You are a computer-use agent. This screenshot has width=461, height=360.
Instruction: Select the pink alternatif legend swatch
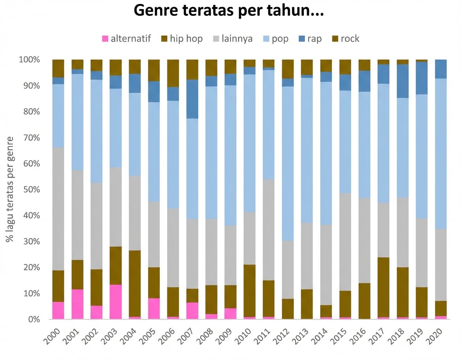pyautogui.click(x=105, y=39)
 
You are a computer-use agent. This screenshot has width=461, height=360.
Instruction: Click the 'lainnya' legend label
pyautogui.click(x=237, y=39)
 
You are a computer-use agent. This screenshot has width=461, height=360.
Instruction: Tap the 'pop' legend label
pyautogui.click(x=280, y=39)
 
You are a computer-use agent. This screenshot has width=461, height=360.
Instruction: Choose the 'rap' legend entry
pyautogui.click(x=315, y=39)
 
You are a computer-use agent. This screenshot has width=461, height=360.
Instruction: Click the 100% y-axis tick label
pyautogui.click(x=29, y=60)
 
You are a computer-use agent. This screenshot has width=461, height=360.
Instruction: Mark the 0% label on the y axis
pyautogui.click(x=33, y=319)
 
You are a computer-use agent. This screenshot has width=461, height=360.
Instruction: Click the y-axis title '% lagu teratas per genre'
pyautogui.click(x=9, y=189)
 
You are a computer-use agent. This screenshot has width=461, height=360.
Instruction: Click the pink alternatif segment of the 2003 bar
pyautogui.click(x=116, y=302)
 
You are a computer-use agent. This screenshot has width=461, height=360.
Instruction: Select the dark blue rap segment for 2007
pyautogui.click(x=192, y=99)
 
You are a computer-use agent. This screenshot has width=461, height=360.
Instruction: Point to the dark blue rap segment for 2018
pyautogui.click(x=403, y=81)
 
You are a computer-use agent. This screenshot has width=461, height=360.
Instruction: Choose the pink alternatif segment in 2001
pyautogui.click(x=77, y=304)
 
